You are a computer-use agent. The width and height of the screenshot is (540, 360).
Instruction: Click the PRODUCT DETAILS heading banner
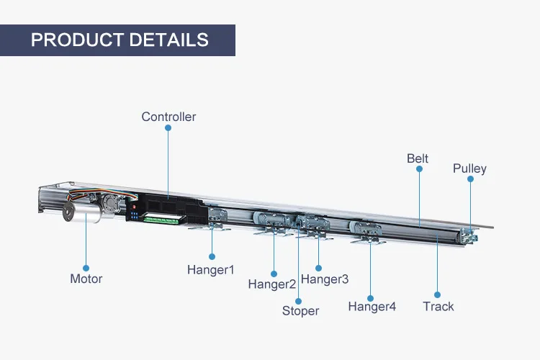tap(119, 40)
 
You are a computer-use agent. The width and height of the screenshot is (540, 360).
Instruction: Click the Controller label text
tap(168, 117)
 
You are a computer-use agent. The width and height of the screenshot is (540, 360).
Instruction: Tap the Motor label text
tap(86, 279)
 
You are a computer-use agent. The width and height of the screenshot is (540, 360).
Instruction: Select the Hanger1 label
tap(211, 270)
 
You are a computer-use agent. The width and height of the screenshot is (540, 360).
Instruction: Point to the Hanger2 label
tap(272, 284)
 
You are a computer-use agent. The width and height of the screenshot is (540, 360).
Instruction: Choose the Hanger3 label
tap(325, 279)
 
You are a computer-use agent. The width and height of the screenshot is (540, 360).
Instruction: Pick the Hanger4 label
tap(372, 307)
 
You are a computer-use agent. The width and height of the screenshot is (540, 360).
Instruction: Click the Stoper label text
tap(300, 311)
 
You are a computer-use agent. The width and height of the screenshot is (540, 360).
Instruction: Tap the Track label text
tap(438, 307)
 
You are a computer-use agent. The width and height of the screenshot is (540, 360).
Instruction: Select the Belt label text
tap(418, 158)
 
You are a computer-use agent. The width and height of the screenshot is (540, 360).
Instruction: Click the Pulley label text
tap(469, 168)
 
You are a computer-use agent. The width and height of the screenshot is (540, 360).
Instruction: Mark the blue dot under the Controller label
tap(168, 128)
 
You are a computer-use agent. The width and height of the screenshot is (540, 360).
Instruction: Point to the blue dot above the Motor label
tap(86, 267)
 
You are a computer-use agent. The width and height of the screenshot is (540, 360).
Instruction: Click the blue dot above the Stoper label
tap(300, 300)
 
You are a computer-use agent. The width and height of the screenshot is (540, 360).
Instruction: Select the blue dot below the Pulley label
tap(470, 180)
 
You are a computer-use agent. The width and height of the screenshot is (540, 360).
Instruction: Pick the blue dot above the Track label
tap(438, 294)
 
